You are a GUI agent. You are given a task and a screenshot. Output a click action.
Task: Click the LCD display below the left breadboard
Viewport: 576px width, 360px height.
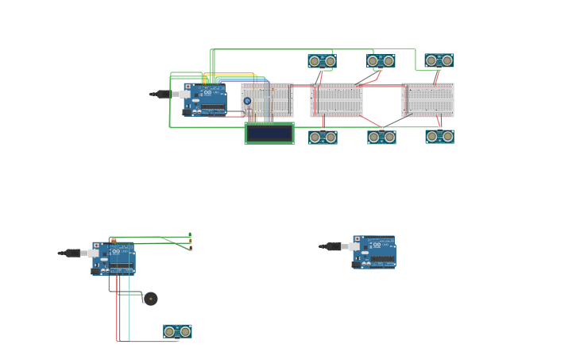[x=269, y=134]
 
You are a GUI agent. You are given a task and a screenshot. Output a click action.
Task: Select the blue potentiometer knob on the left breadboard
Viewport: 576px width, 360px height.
[x=247, y=101]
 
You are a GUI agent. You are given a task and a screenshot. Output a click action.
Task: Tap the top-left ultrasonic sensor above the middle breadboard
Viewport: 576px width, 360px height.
[x=322, y=61]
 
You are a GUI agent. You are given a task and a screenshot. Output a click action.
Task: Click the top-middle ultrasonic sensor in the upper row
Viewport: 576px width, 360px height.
[x=381, y=61]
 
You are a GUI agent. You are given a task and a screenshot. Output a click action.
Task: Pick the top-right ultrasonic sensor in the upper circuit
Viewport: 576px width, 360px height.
[x=439, y=60]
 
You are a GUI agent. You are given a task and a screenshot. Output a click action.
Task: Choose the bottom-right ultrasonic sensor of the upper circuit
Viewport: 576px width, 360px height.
[x=439, y=137]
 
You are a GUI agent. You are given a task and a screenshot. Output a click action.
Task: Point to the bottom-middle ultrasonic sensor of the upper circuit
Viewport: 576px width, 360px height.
[x=381, y=137]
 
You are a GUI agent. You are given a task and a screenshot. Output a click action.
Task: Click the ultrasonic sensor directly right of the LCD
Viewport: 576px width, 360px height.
[x=323, y=137]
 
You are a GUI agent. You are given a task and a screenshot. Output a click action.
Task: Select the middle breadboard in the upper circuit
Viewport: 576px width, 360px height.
[x=337, y=100]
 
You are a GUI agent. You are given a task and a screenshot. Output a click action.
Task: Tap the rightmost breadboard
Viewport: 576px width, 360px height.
[x=427, y=100]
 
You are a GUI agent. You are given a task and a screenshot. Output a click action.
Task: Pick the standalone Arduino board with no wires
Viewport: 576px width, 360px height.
[x=374, y=252]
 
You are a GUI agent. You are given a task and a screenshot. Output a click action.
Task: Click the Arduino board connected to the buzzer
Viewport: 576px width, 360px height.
[x=114, y=259]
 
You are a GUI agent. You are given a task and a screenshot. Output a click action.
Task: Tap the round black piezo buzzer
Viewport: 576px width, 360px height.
[x=150, y=299]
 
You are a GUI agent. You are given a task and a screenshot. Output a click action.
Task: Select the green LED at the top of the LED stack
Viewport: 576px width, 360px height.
[x=190, y=235]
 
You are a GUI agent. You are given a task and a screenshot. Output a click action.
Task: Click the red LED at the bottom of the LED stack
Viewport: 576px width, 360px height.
[x=191, y=248]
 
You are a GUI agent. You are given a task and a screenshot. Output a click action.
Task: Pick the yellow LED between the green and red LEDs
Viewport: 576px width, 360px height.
[x=190, y=242]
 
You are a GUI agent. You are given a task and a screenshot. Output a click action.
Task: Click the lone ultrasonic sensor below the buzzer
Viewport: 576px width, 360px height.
[x=177, y=331]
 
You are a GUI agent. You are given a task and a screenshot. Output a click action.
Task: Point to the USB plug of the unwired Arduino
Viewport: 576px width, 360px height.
[x=332, y=246]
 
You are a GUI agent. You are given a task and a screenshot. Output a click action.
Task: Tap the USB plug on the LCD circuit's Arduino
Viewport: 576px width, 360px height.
[x=162, y=94]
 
